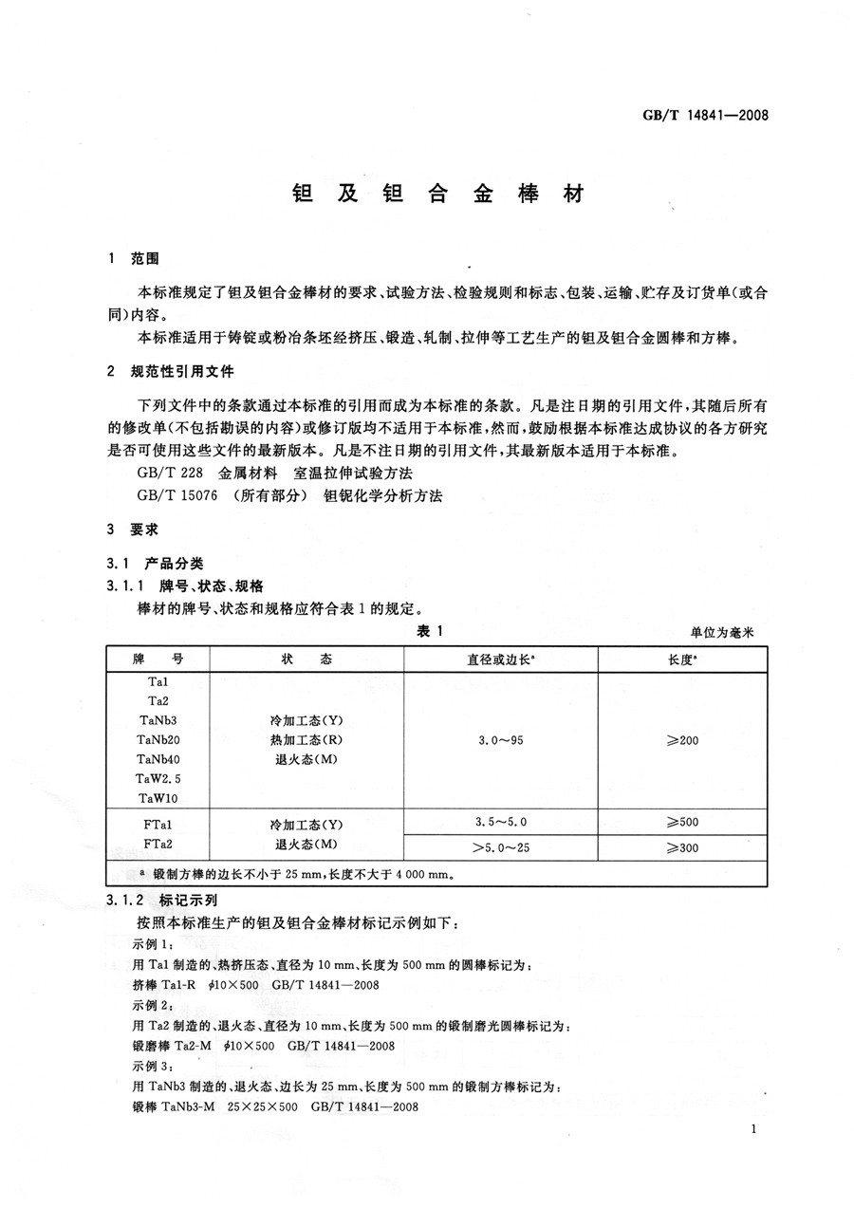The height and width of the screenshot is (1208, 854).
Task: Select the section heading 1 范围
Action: pyautogui.click(x=135, y=258)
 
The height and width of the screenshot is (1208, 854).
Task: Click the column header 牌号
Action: pyautogui.click(x=158, y=660)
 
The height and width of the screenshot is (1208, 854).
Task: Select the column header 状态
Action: pyautogui.click(x=306, y=660)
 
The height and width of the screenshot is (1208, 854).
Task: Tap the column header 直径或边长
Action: pyautogui.click(x=501, y=660)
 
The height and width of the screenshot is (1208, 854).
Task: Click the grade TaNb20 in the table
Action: pyautogui.click(x=158, y=739)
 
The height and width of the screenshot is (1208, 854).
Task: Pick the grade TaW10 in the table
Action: pyautogui.click(x=158, y=797)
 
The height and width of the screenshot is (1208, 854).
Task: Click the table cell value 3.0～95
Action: pyautogui.click(x=501, y=739)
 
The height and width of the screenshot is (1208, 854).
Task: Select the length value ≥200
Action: pyautogui.click(x=682, y=739)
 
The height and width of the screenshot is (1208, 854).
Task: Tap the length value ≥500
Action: pyautogui.click(x=682, y=822)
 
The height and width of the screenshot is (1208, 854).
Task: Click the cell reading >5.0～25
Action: pyautogui.click(x=501, y=846)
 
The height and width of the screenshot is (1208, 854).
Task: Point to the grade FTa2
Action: pyautogui.click(x=158, y=843)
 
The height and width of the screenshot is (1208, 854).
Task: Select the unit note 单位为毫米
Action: pyautogui.click(x=727, y=633)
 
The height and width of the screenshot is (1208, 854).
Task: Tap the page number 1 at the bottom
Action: pyautogui.click(x=752, y=1129)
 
